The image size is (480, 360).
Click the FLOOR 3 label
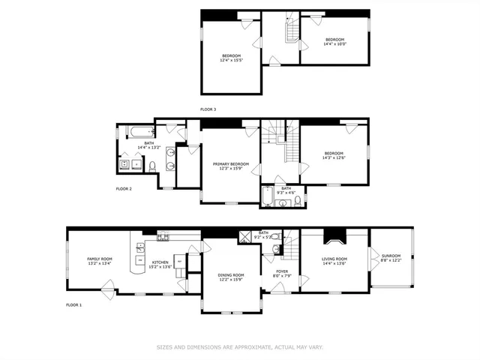coord(208,109)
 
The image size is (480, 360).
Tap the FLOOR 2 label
coord(124,189)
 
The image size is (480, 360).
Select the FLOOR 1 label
coord(73,305)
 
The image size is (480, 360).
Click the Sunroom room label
coord(391,256)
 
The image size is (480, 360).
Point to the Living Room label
coord(334,259)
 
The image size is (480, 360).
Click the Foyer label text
coord(281,271)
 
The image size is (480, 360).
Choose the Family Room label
coord(99,259)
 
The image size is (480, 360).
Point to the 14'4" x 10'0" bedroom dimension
coord(335,44)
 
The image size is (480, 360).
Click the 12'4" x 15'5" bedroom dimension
coord(232,61)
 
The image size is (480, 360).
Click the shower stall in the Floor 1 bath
coord(245,237)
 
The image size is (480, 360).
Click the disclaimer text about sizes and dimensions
coord(239,346)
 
